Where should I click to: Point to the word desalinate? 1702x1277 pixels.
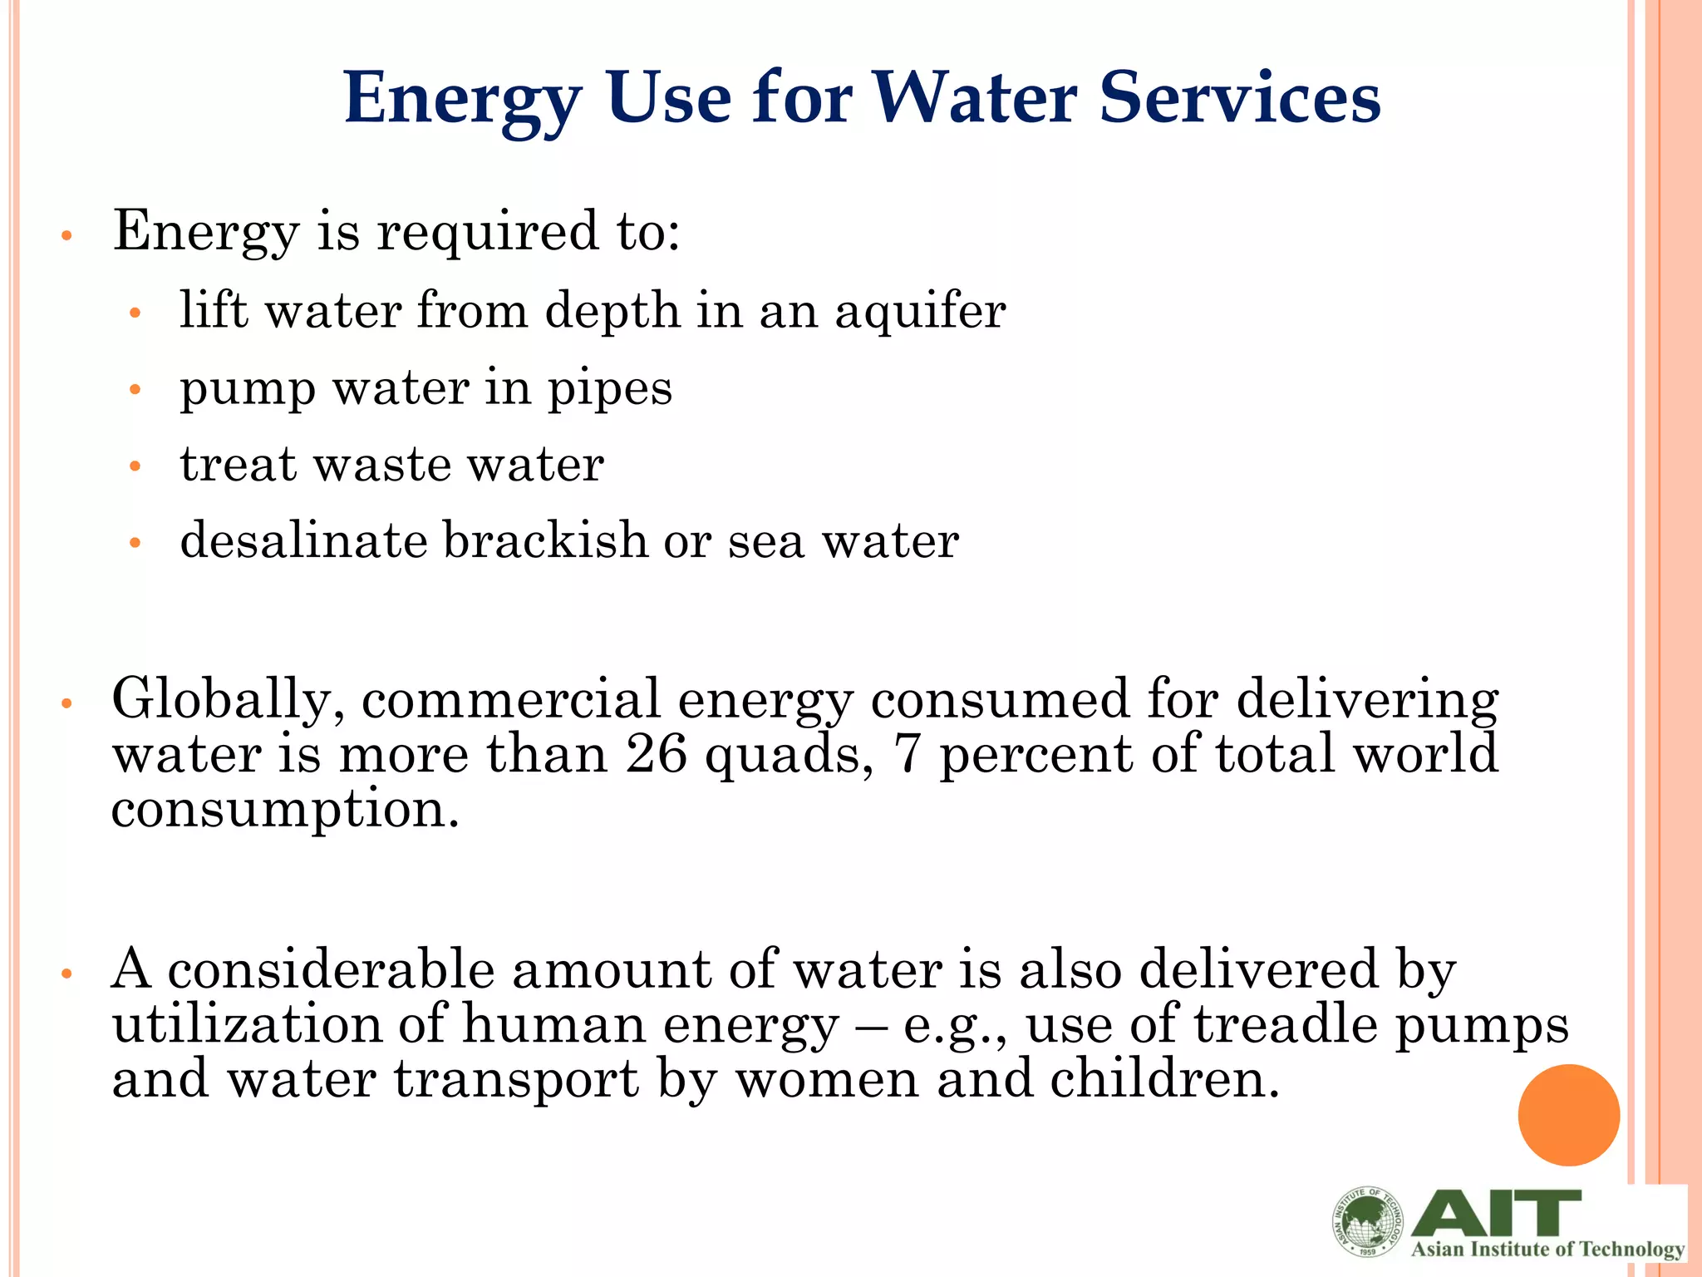click(303, 540)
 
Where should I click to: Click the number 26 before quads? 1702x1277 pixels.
click(657, 754)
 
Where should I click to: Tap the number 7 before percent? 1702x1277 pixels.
click(907, 754)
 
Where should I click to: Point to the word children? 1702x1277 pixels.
click(1164, 1079)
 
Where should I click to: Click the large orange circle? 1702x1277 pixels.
click(1568, 1115)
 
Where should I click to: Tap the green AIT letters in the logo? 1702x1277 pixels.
click(1496, 1213)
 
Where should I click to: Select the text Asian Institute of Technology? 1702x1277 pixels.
click(1547, 1250)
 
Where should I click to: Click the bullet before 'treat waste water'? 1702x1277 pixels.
click(136, 467)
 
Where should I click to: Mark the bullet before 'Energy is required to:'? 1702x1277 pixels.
click(68, 236)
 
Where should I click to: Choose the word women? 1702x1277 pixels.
click(828, 1079)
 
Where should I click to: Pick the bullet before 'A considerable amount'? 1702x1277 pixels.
click(68, 974)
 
